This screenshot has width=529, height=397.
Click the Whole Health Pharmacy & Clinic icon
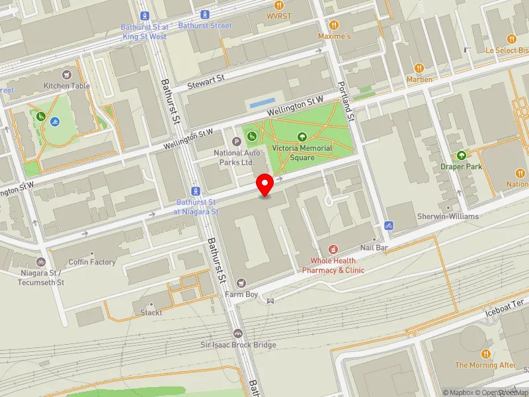coord(333,249)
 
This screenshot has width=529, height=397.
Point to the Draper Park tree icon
coord(461,155)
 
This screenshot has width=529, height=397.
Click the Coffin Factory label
coord(92,262)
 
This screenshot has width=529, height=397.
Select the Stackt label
coord(151,312)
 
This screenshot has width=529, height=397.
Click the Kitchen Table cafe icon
coord(66,75)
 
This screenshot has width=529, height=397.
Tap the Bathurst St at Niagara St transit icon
coord(195,190)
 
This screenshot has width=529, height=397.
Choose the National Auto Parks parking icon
coord(236,141)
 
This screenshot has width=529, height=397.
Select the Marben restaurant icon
coord(419,68)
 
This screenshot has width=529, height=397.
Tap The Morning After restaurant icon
coord(485,353)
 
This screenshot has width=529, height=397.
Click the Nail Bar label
coord(374,247)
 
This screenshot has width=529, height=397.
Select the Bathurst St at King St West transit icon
coord(144,15)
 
